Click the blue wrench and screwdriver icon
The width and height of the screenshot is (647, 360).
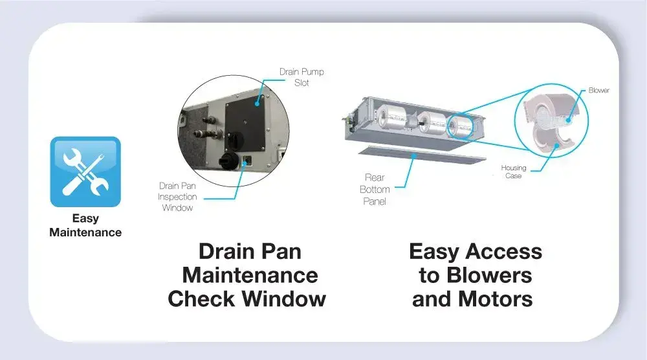pos(85,172)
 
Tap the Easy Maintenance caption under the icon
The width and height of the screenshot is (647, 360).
pos(85,225)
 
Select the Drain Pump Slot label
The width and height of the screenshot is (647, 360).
pos(302,77)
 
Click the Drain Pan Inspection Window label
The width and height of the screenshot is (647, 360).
pos(177,197)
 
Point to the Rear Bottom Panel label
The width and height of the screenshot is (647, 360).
pos(375,190)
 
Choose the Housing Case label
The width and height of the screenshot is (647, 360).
pos(513,172)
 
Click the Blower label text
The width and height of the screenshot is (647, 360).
pos(598,90)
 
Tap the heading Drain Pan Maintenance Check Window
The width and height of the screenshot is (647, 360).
pos(247,275)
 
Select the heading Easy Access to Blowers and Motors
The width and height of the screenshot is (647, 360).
pos(475,275)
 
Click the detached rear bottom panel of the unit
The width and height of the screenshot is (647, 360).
pos(422,153)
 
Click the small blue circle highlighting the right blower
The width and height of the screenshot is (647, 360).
pos(461,126)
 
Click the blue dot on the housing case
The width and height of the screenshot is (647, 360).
pos(556,145)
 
